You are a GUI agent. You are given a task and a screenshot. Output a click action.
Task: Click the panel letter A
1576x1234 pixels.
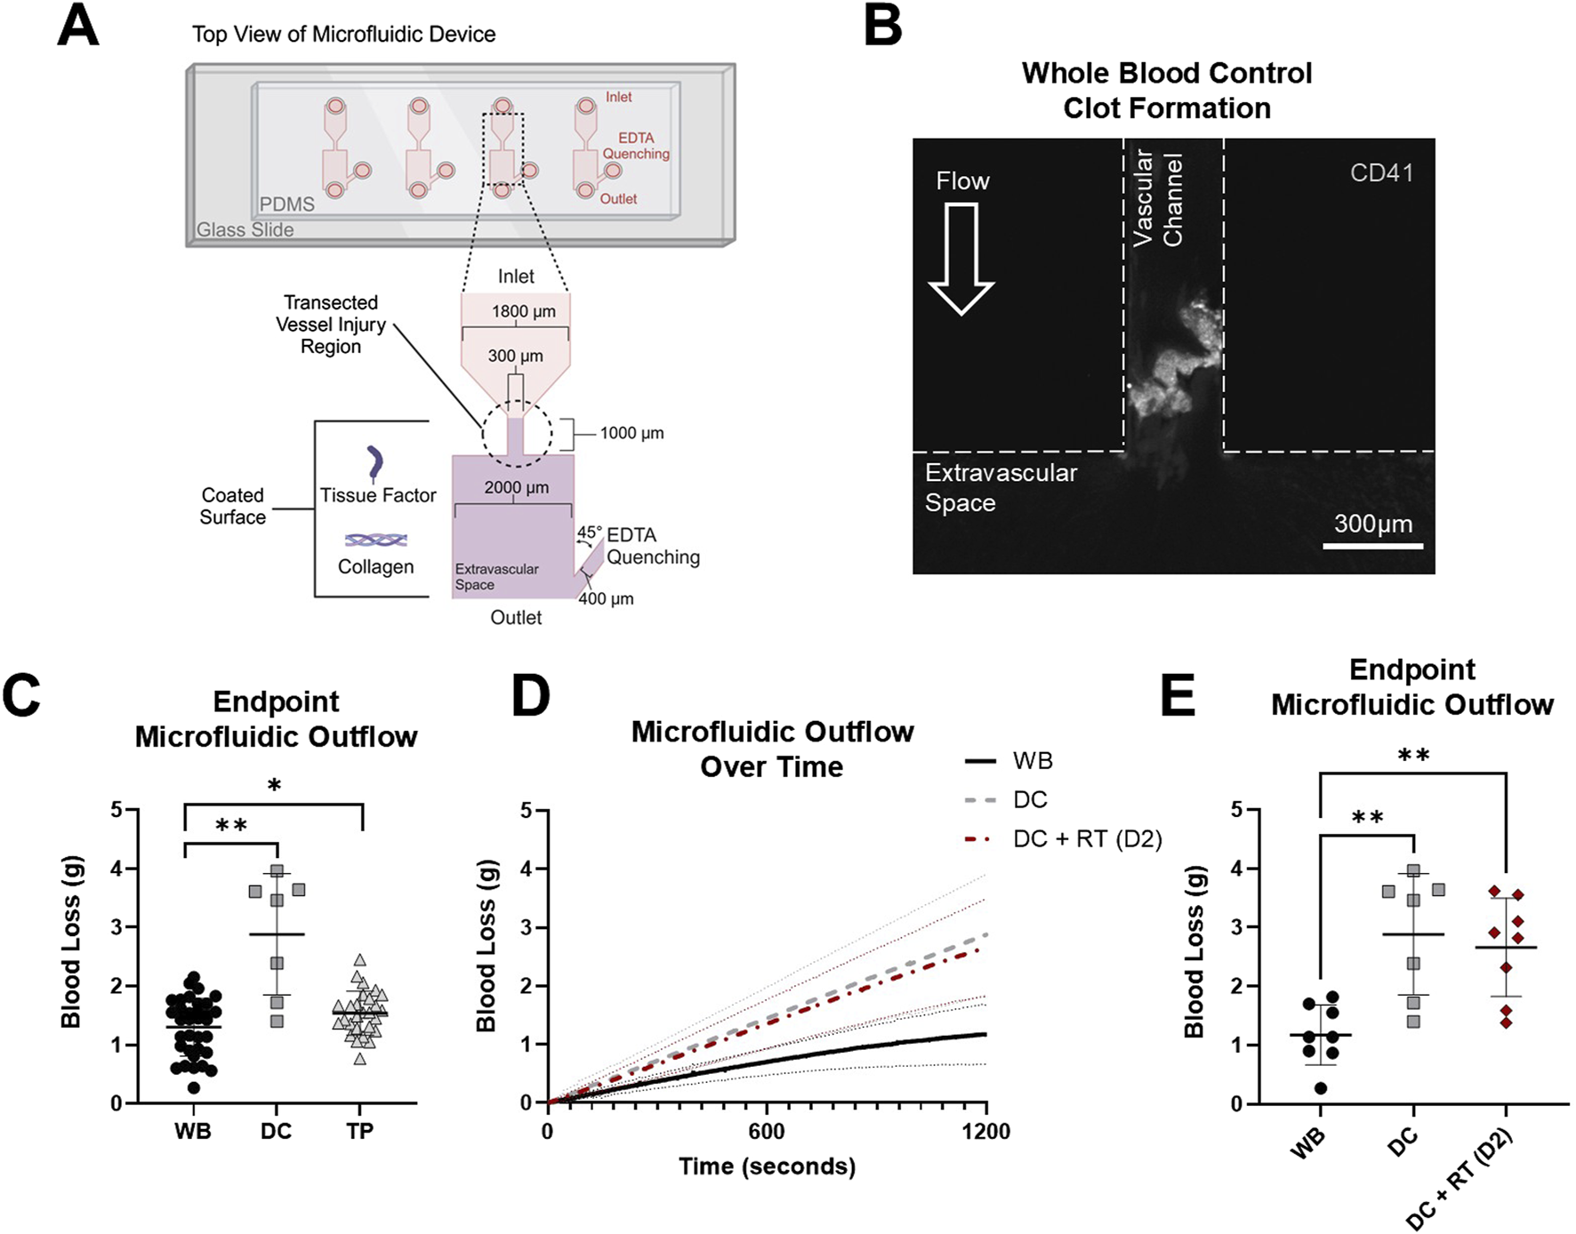click(x=77, y=27)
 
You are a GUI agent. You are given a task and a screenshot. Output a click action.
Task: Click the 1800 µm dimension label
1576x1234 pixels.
click(x=523, y=312)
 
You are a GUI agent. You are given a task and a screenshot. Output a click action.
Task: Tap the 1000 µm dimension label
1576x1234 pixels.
click(x=631, y=433)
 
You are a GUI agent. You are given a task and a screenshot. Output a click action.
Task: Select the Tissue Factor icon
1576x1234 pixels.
click(x=375, y=463)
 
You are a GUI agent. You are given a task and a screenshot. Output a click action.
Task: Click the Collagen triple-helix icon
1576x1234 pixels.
click(x=376, y=540)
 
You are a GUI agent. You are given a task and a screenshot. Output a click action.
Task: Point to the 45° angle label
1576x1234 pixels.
click(x=589, y=533)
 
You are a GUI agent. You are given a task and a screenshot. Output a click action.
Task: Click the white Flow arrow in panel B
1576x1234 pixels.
click(x=961, y=258)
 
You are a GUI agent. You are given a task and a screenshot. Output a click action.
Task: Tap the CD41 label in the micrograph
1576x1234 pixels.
click(x=1380, y=172)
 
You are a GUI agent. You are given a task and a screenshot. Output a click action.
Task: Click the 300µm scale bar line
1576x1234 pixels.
click(x=1372, y=546)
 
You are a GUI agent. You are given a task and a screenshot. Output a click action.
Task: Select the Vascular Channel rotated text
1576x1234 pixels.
click(x=1158, y=198)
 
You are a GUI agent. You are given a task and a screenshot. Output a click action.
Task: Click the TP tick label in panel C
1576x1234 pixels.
click(x=359, y=1131)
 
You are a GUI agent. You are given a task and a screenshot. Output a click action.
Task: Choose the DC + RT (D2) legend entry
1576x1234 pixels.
click(x=1064, y=839)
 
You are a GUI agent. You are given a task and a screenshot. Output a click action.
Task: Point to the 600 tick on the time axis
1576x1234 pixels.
click(x=766, y=1131)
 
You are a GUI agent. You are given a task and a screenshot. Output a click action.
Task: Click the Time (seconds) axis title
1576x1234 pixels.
click(x=767, y=1166)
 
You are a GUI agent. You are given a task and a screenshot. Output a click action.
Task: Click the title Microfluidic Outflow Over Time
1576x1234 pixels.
click(x=772, y=749)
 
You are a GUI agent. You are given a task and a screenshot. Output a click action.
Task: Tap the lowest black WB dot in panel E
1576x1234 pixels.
click(x=1321, y=1088)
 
